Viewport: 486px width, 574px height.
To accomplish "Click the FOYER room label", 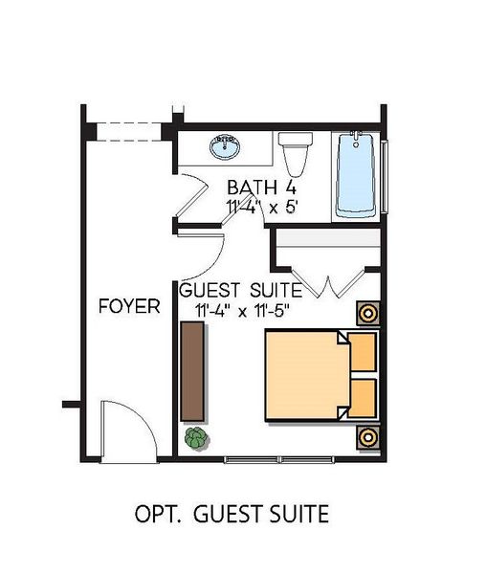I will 129,306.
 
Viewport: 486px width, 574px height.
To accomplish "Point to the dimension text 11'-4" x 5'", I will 260,206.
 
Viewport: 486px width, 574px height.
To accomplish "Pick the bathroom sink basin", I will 226,147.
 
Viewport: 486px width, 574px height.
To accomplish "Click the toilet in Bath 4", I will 295,153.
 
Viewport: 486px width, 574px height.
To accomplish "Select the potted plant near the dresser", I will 196,439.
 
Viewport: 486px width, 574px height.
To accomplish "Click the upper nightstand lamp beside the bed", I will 367,313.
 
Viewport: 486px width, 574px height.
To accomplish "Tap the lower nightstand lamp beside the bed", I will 367,437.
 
